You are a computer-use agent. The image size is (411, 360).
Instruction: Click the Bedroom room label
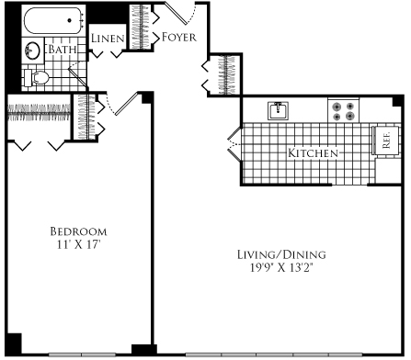tap(78, 231)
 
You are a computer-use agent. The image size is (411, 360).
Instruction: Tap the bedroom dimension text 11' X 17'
tap(78, 244)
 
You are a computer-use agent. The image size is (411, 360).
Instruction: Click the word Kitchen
tap(314, 152)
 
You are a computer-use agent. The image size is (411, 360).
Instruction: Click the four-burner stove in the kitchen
tap(345, 111)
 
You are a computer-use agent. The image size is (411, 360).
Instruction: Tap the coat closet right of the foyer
tap(222, 74)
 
